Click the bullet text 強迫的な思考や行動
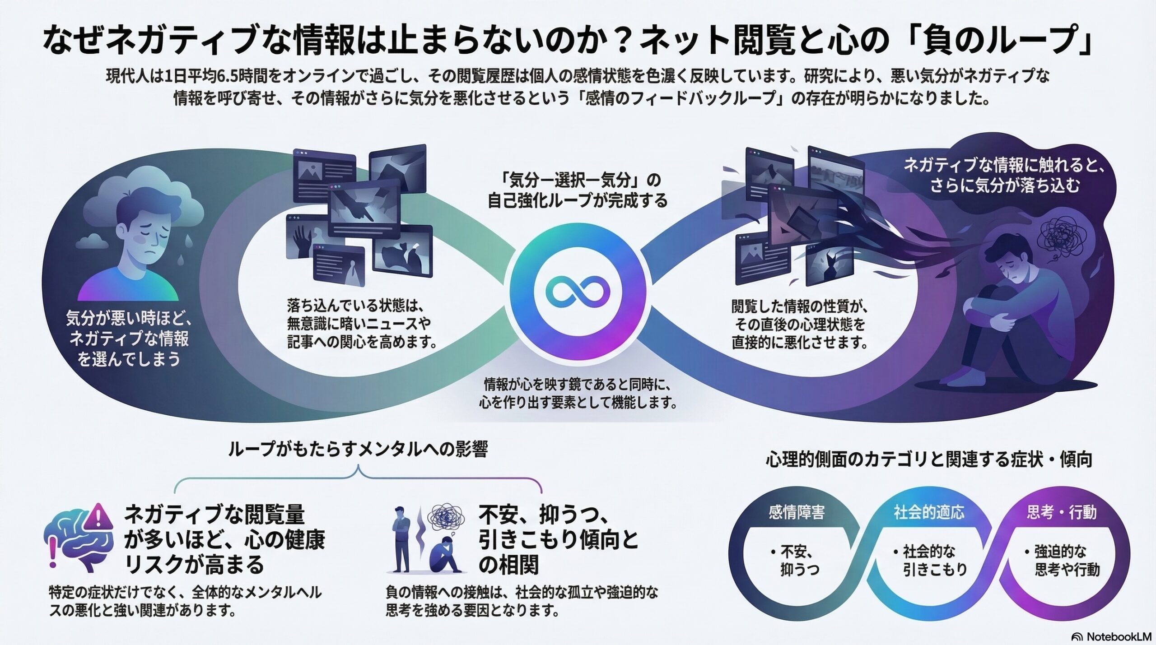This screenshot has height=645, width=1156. (x=1062, y=560)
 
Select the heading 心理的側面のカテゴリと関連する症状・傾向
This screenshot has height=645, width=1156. (x=929, y=459)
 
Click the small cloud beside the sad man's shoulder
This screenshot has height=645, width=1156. (x=92, y=241)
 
